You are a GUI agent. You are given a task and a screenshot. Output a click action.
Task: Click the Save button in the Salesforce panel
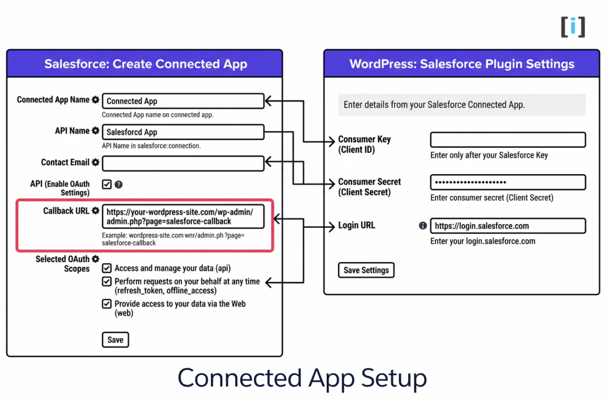point(115,340)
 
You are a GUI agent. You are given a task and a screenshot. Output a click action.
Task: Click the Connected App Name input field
point(183,101)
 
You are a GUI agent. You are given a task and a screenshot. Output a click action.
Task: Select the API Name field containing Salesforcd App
point(183,132)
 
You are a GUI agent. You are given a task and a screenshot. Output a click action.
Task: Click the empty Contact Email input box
point(183,163)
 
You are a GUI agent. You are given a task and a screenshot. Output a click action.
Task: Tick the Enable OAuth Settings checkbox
point(107,184)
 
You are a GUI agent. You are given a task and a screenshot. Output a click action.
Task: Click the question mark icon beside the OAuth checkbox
point(119,185)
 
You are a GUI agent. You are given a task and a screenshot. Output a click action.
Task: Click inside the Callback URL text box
point(183,217)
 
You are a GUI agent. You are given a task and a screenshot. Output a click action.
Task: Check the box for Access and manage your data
point(107,268)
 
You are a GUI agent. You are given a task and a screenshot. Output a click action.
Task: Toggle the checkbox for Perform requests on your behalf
point(107,281)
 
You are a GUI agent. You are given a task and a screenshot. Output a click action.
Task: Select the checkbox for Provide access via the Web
point(107,304)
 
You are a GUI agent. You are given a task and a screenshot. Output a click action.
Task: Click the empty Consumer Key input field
point(508,140)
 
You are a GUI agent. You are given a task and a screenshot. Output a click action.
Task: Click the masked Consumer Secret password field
point(508,182)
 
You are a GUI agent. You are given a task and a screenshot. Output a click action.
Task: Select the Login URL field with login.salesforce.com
point(508,226)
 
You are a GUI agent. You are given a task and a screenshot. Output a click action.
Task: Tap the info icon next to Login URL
point(422,226)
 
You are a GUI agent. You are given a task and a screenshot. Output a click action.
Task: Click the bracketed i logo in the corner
point(573,27)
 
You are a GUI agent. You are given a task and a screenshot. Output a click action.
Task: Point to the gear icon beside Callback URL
point(95,211)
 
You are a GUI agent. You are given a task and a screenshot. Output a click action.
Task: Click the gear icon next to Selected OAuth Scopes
point(96,259)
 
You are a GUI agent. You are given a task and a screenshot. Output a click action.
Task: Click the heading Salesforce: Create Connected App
point(145,64)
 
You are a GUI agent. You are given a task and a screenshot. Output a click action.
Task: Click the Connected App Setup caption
point(302,378)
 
